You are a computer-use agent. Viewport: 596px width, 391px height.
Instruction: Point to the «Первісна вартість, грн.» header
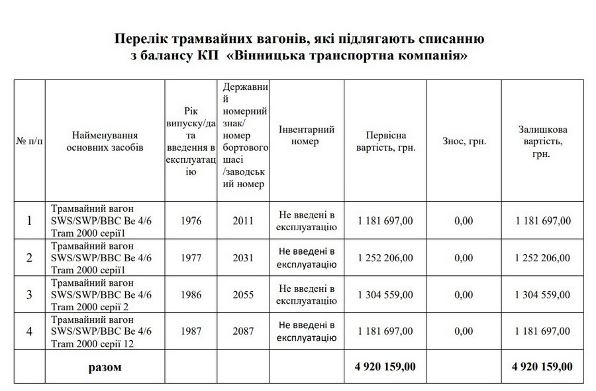385,141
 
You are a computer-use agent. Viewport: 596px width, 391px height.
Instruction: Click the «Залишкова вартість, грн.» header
542,141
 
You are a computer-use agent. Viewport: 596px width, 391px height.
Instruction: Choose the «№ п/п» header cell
28,141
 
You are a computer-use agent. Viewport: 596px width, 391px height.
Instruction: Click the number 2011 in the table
243,220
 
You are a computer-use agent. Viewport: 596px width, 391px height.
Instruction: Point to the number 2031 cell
243,257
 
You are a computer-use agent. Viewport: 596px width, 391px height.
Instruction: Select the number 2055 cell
243,294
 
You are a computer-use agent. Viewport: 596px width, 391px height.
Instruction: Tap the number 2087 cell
243,331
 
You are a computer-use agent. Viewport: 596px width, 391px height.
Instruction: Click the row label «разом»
105,367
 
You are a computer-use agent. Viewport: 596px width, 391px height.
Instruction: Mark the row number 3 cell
28,294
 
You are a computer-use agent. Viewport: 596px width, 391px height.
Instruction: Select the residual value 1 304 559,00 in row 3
542,294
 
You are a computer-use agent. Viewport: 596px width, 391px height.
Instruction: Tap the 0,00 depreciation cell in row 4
464,331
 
